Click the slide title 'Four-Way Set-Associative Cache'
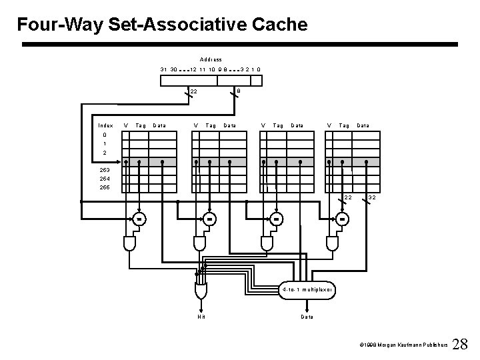click(163, 25)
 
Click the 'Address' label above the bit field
click(211, 59)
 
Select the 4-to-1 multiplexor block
click(306, 290)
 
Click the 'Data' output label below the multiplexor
click(307, 317)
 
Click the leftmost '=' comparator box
click(139, 219)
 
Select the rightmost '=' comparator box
click(341, 219)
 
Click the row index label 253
click(105, 169)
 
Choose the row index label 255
click(105, 187)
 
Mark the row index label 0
click(105, 134)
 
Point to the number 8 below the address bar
click(239, 91)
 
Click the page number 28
click(460, 344)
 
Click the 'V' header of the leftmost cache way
click(127, 125)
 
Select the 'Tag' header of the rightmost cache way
click(345, 125)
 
